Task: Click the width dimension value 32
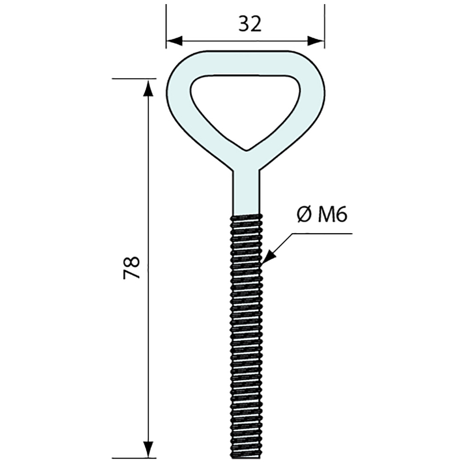pyautogui.click(x=250, y=24)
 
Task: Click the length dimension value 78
pyautogui.click(x=132, y=267)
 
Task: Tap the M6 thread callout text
pyautogui.click(x=332, y=214)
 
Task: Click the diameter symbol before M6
pyautogui.click(x=304, y=214)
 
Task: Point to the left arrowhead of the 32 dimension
pyautogui.click(x=174, y=41)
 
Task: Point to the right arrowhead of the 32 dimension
pyautogui.click(x=317, y=41)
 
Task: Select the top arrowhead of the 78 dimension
pyautogui.click(x=148, y=88)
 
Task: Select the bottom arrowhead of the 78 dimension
pyautogui.click(x=148, y=449)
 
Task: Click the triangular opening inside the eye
pyautogui.click(x=245, y=107)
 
